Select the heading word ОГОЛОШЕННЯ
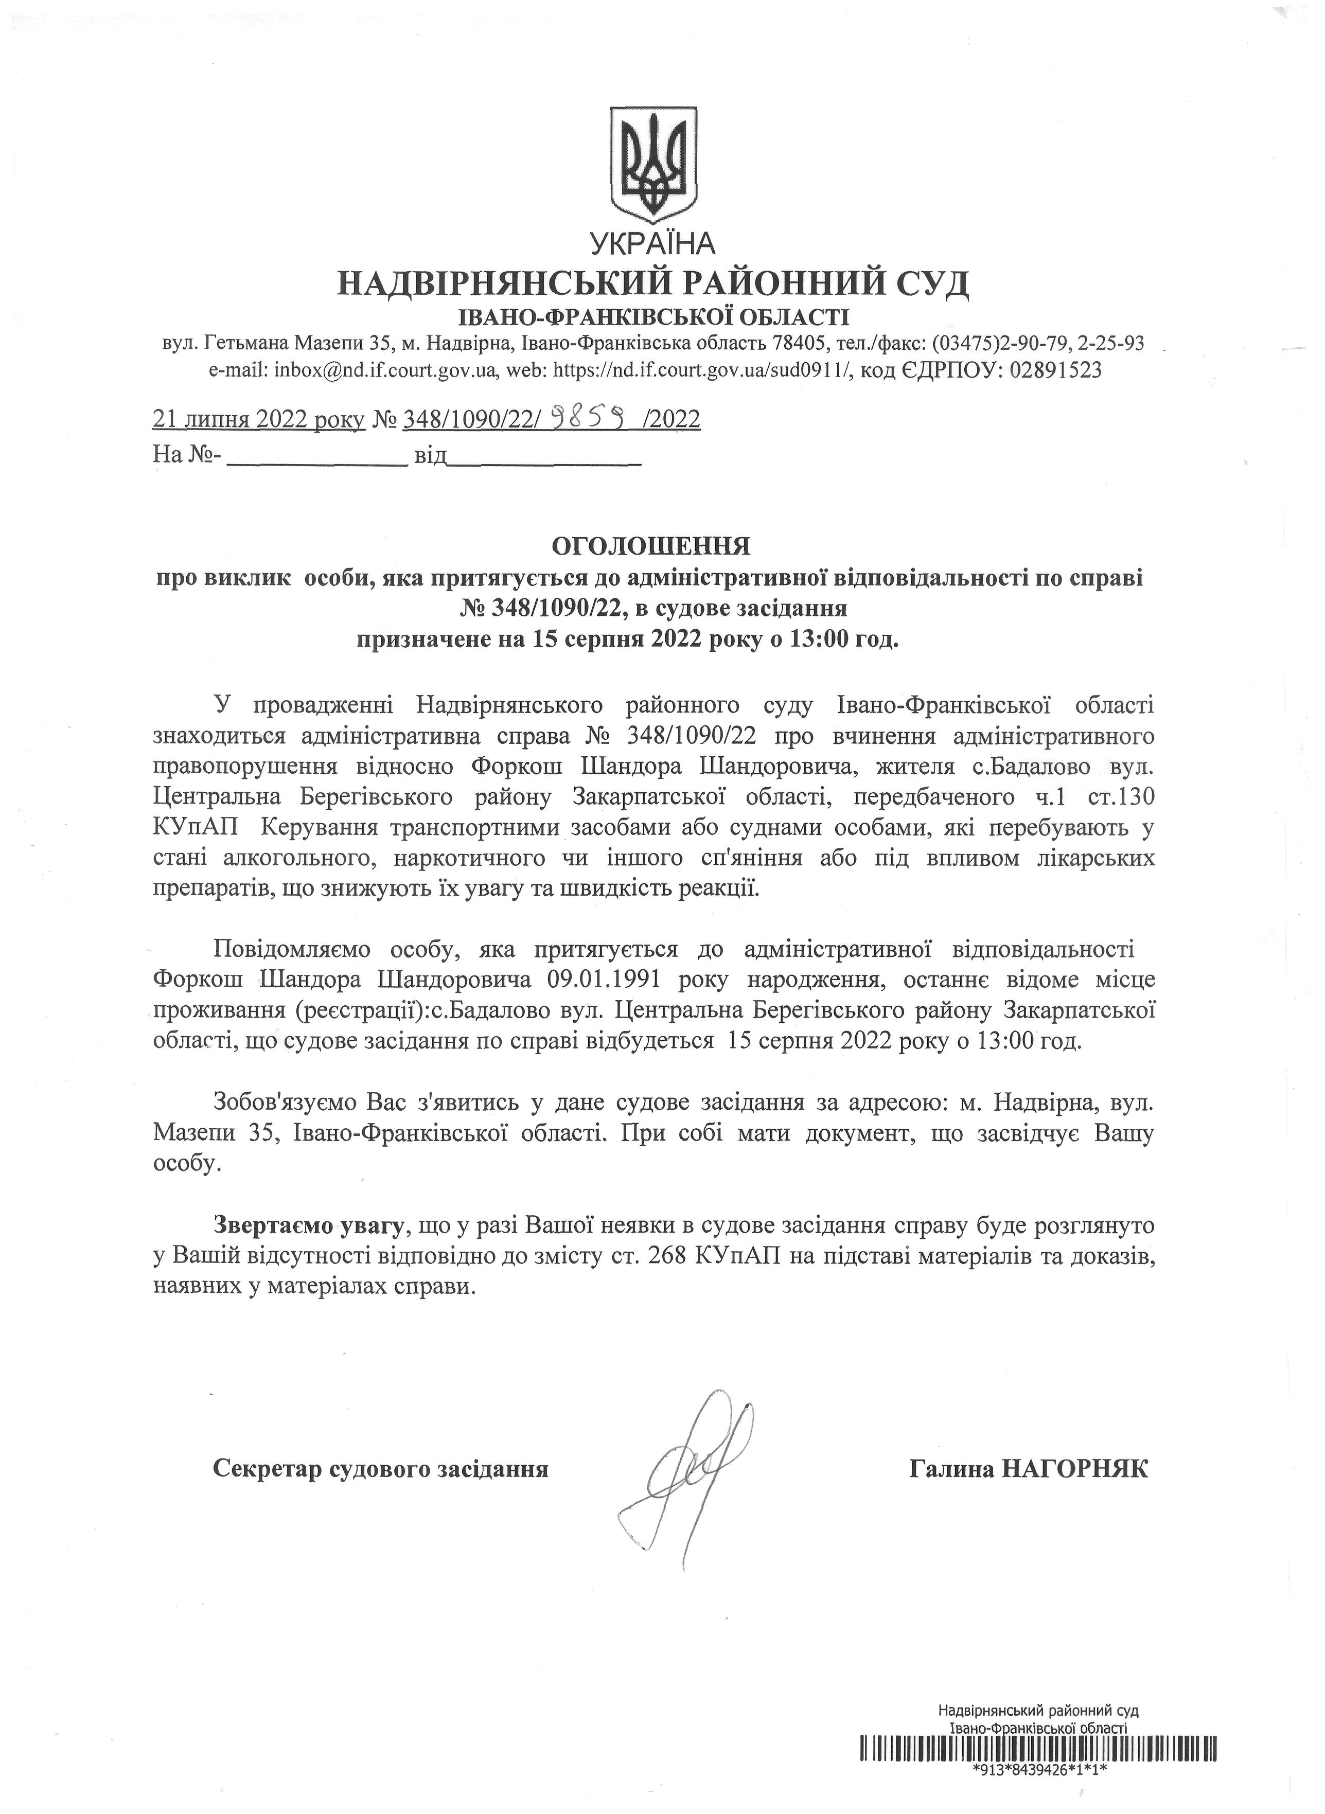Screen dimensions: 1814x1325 650,546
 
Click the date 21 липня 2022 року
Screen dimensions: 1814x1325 258,419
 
